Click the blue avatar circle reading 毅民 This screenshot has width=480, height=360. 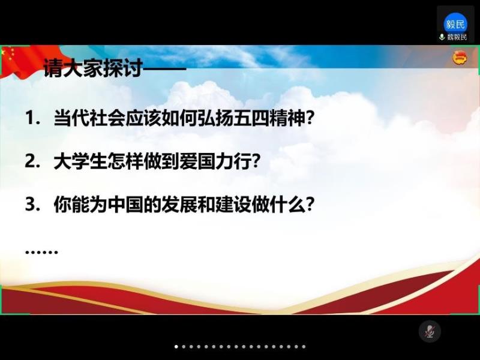pyautogui.click(x=455, y=24)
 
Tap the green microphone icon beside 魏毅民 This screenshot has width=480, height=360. pyautogui.click(x=442, y=37)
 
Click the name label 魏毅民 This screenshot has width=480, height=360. pyautogui.click(x=457, y=37)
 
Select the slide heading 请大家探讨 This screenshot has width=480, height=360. pyautogui.click(x=93, y=67)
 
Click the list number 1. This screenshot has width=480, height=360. pyautogui.click(x=31, y=118)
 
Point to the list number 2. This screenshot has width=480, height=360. pyautogui.click(x=31, y=161)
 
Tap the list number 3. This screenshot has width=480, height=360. pyautogui.click(x=31, y=204)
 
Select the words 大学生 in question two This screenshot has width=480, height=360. pyautogui.click(x=80, y=161)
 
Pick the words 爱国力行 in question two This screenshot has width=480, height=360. pyautogui.click(x=215, y=161)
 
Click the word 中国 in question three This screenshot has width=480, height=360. pyautogui.click(x=125, y=204)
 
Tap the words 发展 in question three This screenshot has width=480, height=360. pyautogui.click(x=179, y=204)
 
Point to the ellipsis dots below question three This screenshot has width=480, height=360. pyautogui.click(x=41, y=252)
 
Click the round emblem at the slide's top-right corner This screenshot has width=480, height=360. pyautogui.click(x=460, y=58)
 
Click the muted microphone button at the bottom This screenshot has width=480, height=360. pyautogui.click(x=430, y=331)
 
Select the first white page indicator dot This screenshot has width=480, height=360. pyautogui.click(x=176, y=347)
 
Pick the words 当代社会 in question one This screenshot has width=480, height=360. pyautogui.click(x=89, y=118)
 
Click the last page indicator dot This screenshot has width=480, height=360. pyautogui.click(x=304, y=347)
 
